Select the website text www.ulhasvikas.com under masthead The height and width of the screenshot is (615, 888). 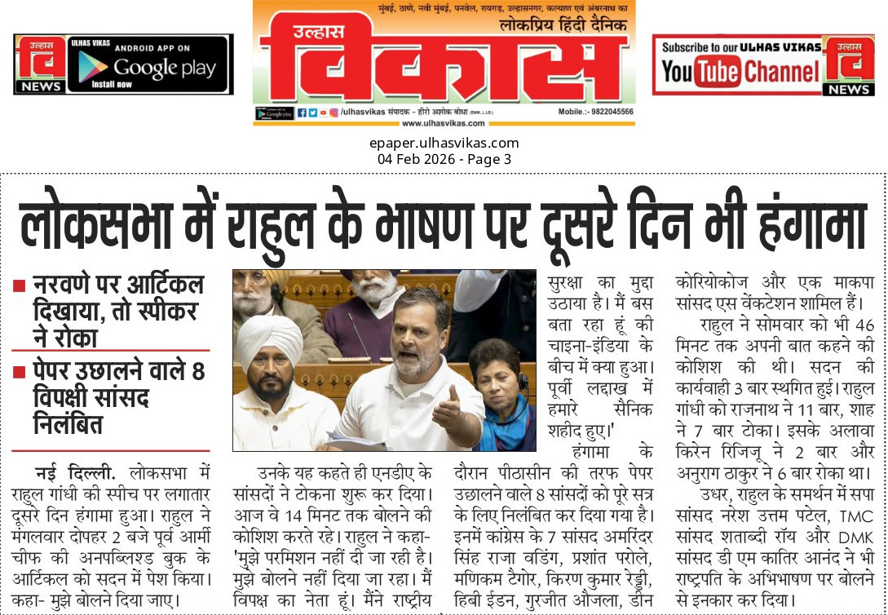(x=444, y=123)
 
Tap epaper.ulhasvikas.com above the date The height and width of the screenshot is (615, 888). (x=444, y=144)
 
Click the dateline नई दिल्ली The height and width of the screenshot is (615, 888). (x=76, y=472)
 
